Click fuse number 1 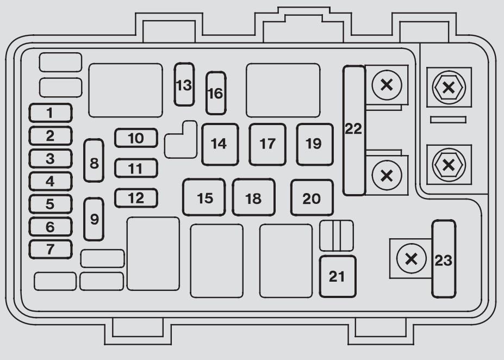point(51,113)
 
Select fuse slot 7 point(51,250)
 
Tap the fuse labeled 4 point(51,181)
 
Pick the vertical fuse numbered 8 point(94,160)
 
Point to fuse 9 point(94,219)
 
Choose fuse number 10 point(136,138)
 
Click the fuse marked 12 point(136,198)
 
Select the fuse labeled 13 point(184,84)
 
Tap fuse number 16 point(216,93)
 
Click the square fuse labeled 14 point(220,145)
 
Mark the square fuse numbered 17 point(267,145)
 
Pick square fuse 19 point(315,145)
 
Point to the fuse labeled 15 point(204,197)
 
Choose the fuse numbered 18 point(253,197)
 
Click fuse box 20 point(312,197)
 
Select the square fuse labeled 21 point(338,276)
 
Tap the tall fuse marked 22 point(354,131)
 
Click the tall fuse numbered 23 point(444,259)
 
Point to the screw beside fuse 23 point(412,259)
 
